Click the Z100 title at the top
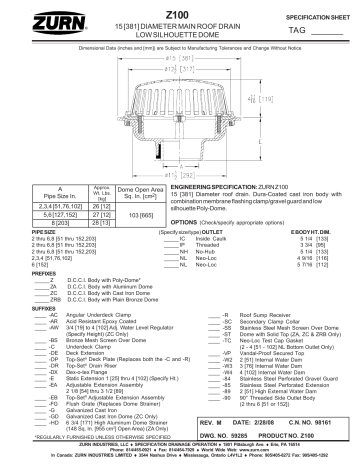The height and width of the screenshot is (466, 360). coord(181,9)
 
